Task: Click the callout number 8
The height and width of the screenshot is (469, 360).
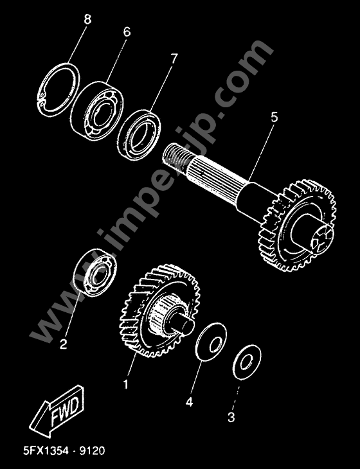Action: tap(87, 20)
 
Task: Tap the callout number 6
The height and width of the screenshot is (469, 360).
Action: tap(127, 31)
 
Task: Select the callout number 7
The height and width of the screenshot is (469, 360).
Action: tap(174, 58)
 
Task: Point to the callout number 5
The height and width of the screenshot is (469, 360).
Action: tap(274, 117)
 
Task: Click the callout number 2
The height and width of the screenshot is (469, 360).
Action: tap(63, 344)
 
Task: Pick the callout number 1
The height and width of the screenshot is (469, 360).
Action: tap(126, 384)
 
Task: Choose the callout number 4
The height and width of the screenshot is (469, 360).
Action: tap(189, 402)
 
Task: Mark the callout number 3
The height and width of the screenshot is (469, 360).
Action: tap(231, 417)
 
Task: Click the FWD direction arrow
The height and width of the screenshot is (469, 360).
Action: tap(57, 412)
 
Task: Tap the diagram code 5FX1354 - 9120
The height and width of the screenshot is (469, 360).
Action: tap(64, 451)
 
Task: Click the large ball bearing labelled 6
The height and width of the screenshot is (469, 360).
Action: tap(96, 111)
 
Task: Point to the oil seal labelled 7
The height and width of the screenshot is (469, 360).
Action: tap(139, 135)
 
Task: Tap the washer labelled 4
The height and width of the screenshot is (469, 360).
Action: tap(211, 342)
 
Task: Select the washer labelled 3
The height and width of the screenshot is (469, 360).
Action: tap(248, 362)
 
